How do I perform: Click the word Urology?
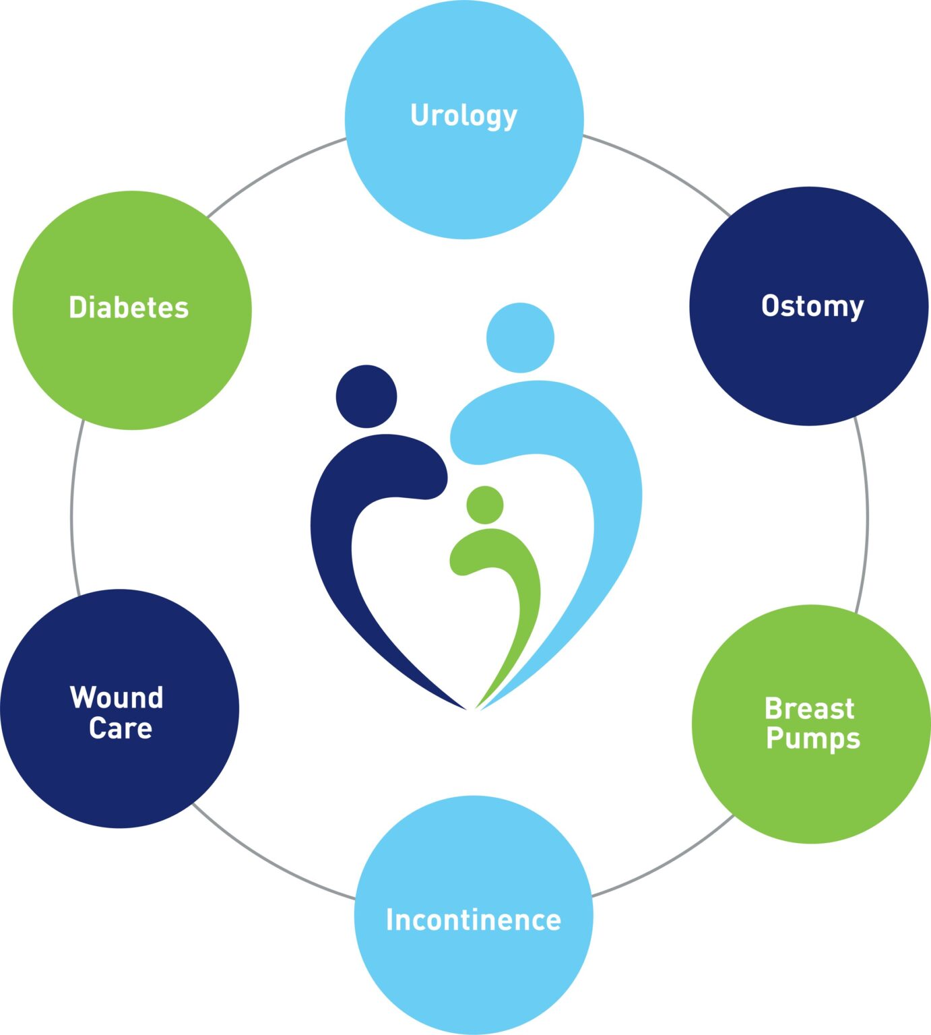click(x=463, y=115)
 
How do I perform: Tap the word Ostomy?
click(x=812, y=306)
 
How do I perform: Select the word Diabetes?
click(x=129, y=307)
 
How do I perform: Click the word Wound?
click(x=117, y=697)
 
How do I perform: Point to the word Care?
click(x=121, y=728)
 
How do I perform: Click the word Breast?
click(x=809, y=709)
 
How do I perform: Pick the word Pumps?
click(x=813, y=739)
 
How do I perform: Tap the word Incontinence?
click(x=473, y=920)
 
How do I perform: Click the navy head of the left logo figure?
click(x=366, y=396)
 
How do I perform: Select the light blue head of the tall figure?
click(x=520, y=338)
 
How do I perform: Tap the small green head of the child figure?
click(x=484, y=505)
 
